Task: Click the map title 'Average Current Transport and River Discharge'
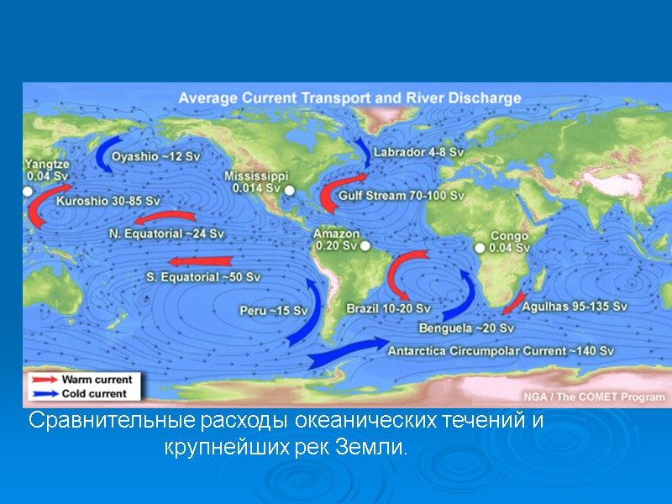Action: (x=349, y=98)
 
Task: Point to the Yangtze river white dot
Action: (x=27, y=192)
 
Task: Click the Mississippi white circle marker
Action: (x=290, y=191)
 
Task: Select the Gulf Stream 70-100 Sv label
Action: (x=401, y=195)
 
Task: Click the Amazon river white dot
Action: (x=365, y=246)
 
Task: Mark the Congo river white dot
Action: (x=480, y=248)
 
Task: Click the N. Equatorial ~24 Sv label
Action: (x=167, y=232)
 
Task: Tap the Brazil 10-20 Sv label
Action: (x=388, y=308)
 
